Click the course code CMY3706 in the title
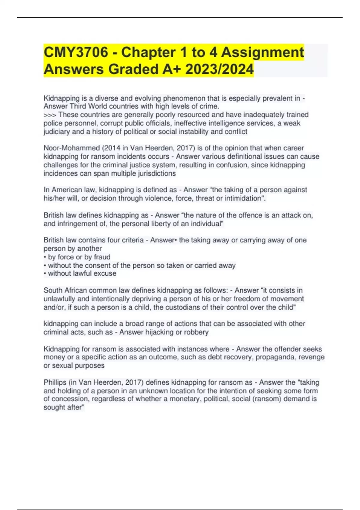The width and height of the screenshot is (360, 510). tap(76, 52)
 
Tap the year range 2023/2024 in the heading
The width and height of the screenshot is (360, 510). tap(219, 69)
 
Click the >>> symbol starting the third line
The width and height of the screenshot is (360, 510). tap(50, 115)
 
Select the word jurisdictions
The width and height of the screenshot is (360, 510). tap(157, 173)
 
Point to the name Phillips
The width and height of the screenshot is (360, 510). tap(55, 382)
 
